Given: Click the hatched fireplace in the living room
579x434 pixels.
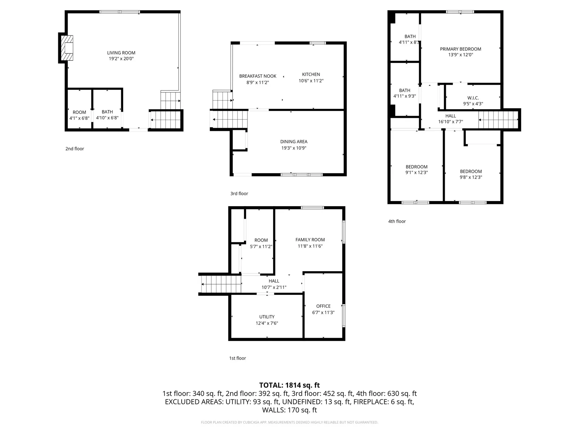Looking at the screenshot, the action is (x=67, y=48).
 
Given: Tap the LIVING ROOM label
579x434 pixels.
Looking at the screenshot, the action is (x=121, y=53).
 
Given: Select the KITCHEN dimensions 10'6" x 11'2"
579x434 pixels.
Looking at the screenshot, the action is (x=311, y=81).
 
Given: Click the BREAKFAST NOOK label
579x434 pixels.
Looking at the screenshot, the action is (x=258, y=76).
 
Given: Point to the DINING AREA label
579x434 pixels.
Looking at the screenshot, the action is (x=293, y=141).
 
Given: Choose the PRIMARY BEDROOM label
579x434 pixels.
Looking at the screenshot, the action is (x=460, y=49).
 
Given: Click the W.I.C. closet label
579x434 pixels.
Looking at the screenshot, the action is (x=473, y=98).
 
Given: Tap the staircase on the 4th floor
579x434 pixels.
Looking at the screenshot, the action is (x=498, y=120).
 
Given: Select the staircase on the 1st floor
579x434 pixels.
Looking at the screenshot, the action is (x=221, y=284).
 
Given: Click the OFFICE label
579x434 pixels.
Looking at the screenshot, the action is (x=323, y=306).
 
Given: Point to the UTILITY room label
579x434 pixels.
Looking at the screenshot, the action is (x=267, y=317).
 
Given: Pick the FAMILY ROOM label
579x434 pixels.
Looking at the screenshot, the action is (x=310, y=239).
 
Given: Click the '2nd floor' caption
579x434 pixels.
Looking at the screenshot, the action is (x=75, y=149).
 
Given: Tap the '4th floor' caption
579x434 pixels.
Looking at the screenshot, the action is (x=397, y=221).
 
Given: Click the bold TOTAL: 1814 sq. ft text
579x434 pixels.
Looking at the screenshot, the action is (x=289, y=385).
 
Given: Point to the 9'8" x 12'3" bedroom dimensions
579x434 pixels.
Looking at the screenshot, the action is (x=471, y=177).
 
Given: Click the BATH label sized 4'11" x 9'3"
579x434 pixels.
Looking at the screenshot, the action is (x=405, y=90).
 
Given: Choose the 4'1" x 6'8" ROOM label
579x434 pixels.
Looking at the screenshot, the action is (x=79, y=112).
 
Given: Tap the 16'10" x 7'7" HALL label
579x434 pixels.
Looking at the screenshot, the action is (x=451, y=116).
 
